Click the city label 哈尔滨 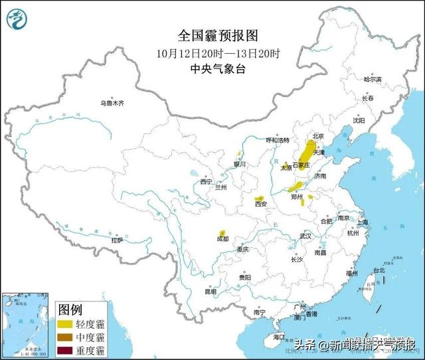pos(373,79)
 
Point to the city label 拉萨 pos(118,241)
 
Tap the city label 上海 pos(363,223)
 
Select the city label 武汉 pos(305,236)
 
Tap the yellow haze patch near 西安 pos(260,198)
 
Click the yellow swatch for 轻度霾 pos(66,323)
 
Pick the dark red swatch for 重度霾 pos(66,349)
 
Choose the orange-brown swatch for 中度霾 pos(66,337)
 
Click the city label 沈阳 pos(377,121)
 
